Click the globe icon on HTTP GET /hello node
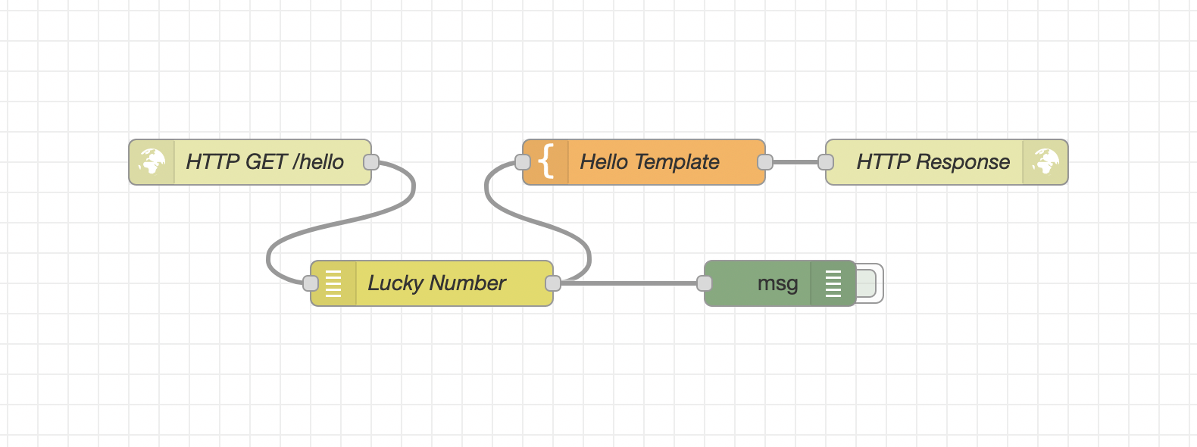(152, 161)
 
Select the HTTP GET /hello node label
(264, 161)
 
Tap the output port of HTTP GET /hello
(371, 162)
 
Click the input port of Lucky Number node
(311, 283)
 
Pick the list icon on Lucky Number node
(333, 283)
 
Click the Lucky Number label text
(436, 283)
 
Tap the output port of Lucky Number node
(553, 283)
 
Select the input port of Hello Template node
(523, 162)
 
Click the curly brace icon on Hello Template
(546, 161)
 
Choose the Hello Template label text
(649, 161)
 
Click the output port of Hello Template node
(765, 162)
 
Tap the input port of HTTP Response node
(826, 162)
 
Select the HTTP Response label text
(933, 161)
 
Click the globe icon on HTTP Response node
(1045, 161)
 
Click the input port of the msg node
(705, 283)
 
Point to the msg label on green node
(777, 283)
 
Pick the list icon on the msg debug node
(833, 283)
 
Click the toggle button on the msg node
(868, 283)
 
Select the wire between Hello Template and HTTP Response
(795, 162)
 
